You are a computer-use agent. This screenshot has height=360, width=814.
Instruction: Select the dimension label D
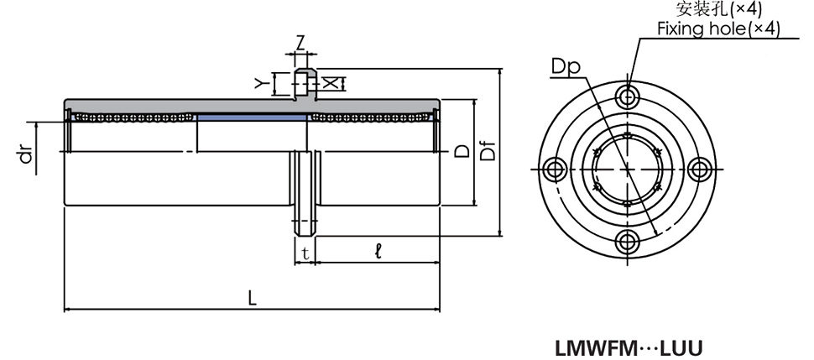462,151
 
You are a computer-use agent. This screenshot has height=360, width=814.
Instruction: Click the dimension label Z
300,41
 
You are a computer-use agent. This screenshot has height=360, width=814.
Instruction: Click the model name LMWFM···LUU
629,347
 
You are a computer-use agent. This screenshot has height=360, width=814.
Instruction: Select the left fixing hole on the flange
553,169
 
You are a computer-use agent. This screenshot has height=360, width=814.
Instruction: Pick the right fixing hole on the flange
699,169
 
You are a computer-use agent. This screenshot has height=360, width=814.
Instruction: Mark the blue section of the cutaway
251,117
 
